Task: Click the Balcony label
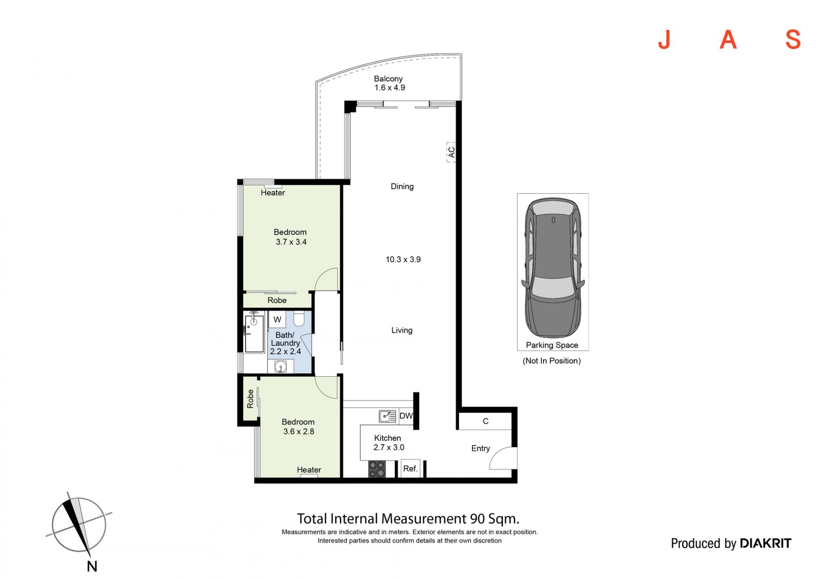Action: [x=388, y=79]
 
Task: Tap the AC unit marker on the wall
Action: [x=451, y=152]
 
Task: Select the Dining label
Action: [x=402, y=186]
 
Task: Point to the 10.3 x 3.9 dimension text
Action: [x=403, y=259]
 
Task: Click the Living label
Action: [x=402, y=330]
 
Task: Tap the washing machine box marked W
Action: [x=277, y=320]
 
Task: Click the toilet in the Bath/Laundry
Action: [x=299, y=319]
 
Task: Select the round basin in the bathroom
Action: [x=281, y=366]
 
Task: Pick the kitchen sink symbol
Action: [x=387, y=416]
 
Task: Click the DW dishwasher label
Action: [x=406, y=416]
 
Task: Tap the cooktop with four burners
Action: [x=377, y=469]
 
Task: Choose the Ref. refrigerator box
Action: [x=410, y=468]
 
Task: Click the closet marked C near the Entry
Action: [x=485, y=421]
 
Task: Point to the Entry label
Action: [x=481, y=448]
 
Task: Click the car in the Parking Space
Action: [x=553, y=268]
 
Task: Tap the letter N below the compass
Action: [x=92, y=566]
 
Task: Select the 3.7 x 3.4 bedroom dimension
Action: [x=291, y=242]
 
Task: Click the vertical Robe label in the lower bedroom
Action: [x=250, y=399]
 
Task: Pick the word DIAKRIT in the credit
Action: [x=765, y=543]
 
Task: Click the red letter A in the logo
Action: [x=728, y=40]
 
